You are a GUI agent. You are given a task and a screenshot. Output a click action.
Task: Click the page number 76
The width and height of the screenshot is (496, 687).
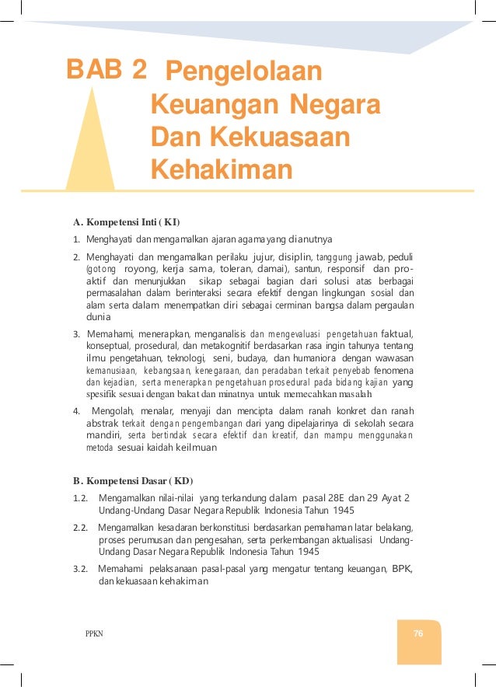pos(418,633)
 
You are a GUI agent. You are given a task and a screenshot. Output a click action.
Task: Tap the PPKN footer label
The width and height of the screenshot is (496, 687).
pos(93,634)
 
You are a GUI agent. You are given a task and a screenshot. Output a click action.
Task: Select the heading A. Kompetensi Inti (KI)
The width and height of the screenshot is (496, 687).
pos(127,221)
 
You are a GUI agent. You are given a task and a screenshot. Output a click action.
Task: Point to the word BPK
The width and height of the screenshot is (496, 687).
pos(401,569)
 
